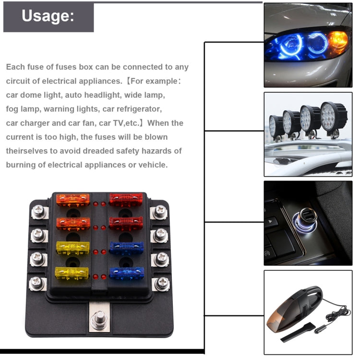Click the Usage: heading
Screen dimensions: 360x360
click(48, 16)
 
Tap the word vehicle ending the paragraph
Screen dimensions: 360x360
click(151, 165)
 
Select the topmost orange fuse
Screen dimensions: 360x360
click(73, 199)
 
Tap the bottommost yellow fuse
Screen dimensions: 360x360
click(72, 273)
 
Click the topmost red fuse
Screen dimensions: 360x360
click(126, 199)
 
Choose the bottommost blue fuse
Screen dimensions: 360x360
click(126, 274)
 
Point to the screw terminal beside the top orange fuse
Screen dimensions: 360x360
click(38, 212)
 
